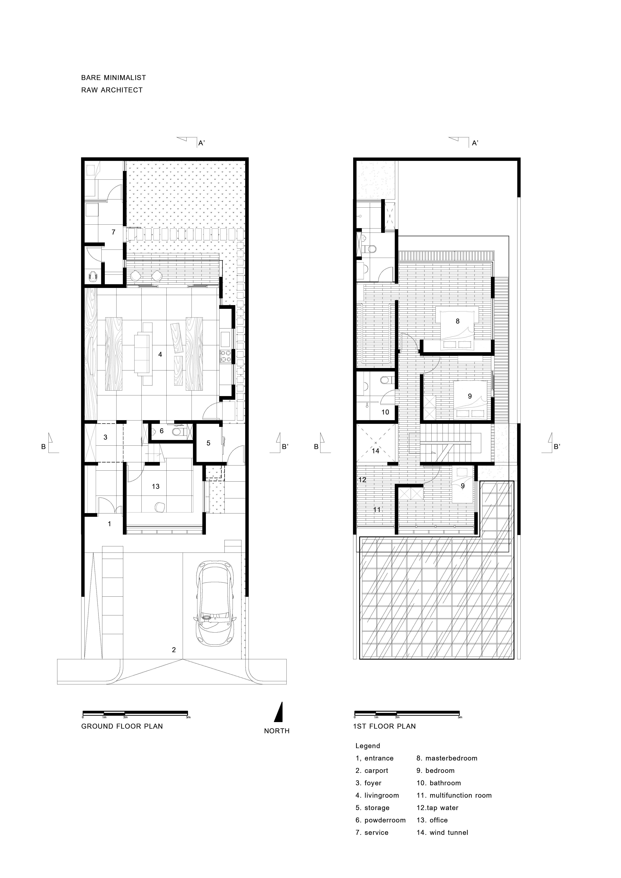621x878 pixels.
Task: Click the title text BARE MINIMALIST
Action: click(114, 78)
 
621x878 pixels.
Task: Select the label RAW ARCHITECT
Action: click(112, 90)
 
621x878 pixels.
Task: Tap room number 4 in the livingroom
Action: click(160, 354)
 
